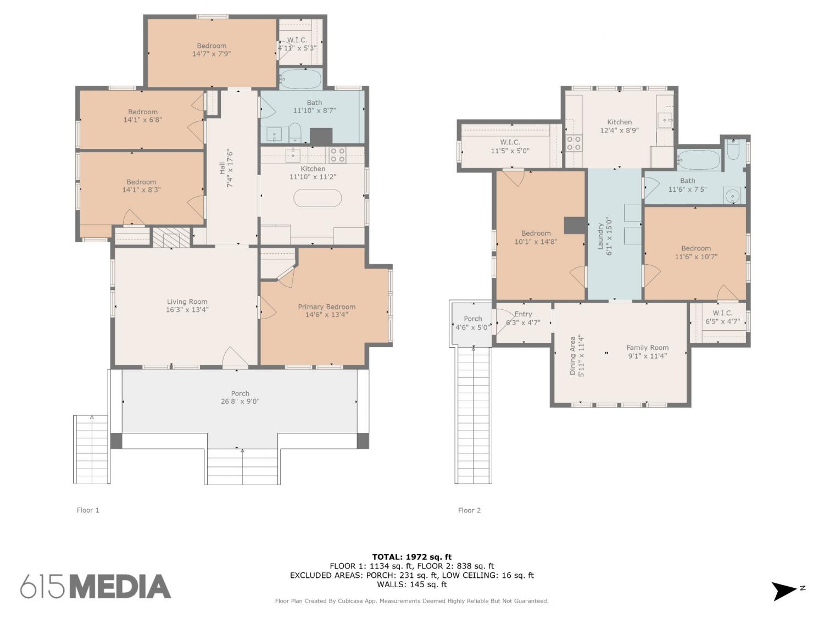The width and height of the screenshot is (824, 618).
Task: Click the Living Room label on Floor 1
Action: click(187, 301)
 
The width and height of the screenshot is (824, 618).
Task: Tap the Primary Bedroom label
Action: click(326, 307)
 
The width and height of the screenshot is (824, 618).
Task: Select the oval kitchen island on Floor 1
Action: click(317, 198)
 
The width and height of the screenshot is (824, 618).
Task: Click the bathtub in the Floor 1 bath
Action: click(300, 79)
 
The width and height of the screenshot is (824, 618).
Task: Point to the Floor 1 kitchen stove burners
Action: click(337, 154)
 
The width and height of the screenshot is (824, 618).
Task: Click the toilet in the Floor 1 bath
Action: click(295, 132)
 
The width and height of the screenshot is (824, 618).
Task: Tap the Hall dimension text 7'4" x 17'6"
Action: click(230, 169)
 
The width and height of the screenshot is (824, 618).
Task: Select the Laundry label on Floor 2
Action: click(600, 236)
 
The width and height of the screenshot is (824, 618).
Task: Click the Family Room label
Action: click(647, 348)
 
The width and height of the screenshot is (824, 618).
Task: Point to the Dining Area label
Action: click(572, 355)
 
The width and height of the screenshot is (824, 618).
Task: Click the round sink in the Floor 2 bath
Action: click(732, 196)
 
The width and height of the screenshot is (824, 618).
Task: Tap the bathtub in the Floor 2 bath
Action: click(699, 160)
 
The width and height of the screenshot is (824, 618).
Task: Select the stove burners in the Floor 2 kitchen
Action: click(574, 143)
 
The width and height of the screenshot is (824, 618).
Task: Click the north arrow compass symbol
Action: click(785, 591)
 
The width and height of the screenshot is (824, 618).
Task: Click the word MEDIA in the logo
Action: click(121, 587)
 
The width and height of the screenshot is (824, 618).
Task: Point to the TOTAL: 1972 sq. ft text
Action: click(412, 557)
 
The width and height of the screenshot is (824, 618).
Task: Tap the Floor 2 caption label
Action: click(469, 510)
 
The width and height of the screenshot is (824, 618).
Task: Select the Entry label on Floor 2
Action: click(523, 314)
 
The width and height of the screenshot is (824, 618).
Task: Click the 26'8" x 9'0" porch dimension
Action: click(240, 401)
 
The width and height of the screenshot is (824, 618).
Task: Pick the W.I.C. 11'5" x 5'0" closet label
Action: click(510, 146)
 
